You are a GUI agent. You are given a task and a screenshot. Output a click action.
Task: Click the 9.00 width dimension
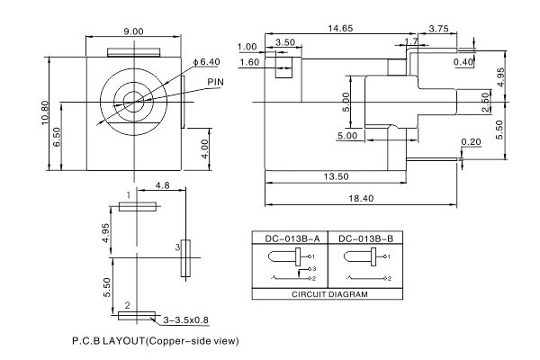[x=133, y=31]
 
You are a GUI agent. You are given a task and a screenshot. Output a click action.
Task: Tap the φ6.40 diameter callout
[x=207, y=61]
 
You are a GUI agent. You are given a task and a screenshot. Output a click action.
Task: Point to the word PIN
[x=216, y=82]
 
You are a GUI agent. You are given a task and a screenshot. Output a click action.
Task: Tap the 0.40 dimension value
[x=464, y=62]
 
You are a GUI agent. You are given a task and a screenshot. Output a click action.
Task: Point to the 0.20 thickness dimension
[x=470, y=142]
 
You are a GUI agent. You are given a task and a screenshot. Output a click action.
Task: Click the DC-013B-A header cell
[x=288, y=238]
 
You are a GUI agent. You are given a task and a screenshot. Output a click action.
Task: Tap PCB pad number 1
[x=137, y=207]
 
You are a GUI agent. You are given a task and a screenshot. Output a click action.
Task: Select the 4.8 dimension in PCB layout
[x=163, y=186]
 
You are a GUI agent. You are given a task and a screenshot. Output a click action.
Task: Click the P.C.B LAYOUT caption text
[x=154, y=342]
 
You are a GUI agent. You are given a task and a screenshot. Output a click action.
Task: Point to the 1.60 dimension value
[x=249, y=62]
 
